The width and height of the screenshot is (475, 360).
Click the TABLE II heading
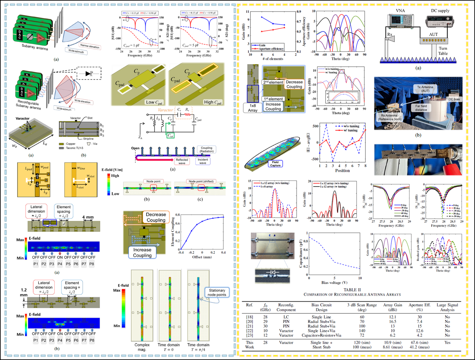point(352,290)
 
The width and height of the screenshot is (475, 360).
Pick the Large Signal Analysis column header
point(447,307)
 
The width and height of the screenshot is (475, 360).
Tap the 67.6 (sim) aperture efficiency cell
point(420,343)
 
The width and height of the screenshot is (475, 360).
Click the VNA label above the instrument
point(400,11)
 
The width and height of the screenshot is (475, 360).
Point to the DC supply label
point(440,11)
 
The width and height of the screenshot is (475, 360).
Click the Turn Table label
point(443,51)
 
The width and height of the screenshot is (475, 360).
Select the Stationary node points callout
point(217,292)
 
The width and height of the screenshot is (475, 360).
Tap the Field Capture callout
point(275,164)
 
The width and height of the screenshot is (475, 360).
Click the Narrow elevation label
point(90,46)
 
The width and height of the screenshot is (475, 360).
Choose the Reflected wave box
point(182,161)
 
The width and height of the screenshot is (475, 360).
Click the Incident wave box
point(203,161)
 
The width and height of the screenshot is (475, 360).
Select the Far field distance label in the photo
point(421,108)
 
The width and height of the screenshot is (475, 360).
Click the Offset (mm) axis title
point(202,257)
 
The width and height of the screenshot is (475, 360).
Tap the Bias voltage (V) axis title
point(334,283)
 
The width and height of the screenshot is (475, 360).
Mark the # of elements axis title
point(273,59)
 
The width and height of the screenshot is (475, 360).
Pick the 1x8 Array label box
point(253,108)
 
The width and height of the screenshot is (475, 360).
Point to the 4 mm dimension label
point(88,217)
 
